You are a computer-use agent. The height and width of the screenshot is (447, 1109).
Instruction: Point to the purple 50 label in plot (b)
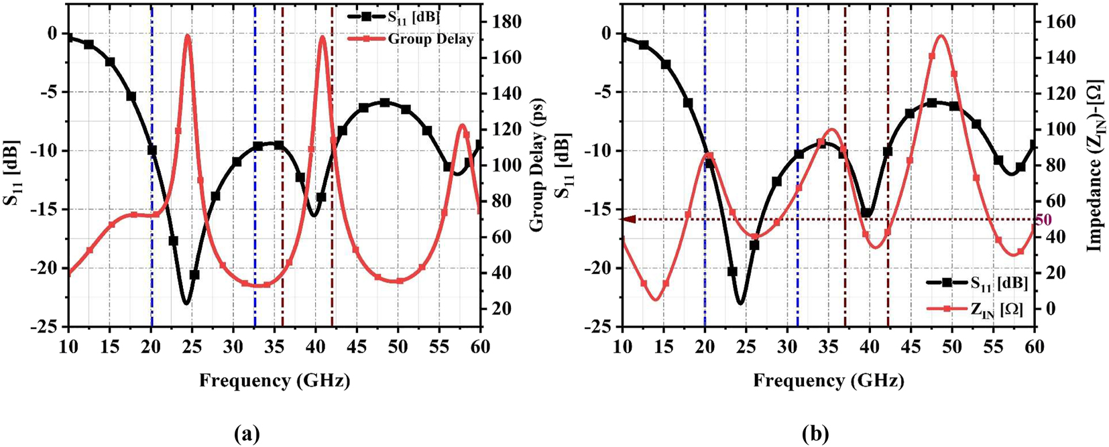point(1043,219)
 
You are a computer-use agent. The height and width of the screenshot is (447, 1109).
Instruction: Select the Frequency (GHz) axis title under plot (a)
point(274,381)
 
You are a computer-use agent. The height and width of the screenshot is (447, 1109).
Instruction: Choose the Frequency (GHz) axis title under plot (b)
point(829,381)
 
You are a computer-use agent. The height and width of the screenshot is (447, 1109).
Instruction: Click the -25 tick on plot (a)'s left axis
point(50,327)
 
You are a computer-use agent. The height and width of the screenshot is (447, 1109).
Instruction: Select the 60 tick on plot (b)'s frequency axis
point(1035,346)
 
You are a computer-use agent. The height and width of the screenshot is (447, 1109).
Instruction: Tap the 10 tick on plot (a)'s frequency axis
point(68,346)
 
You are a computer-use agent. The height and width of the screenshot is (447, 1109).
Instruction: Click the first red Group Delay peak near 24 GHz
point(187,36)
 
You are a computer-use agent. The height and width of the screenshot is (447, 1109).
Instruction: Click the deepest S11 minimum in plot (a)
point(186,304)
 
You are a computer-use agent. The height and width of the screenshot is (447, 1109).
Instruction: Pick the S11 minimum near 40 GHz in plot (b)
point(868,214)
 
